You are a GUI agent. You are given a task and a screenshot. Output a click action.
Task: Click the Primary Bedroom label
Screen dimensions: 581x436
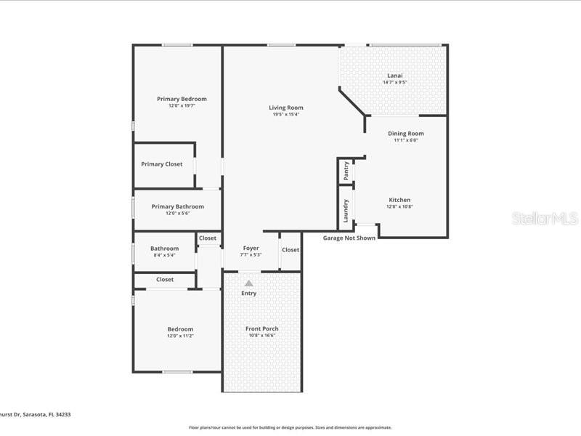[x=182, y=99]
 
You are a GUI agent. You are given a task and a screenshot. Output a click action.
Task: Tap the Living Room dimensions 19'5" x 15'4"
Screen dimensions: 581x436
[x=286, y=114]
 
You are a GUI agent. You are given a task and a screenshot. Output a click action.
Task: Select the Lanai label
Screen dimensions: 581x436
[x=394, y=76]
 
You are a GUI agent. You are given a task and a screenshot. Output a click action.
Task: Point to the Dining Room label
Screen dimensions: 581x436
[x=405, y=134]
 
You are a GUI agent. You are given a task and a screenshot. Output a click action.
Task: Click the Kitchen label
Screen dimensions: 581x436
[x=399, y=200]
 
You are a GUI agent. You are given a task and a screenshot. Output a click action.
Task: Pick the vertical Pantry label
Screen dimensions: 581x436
[x=346, y=171]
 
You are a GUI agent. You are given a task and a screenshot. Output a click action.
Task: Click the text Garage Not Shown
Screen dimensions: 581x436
[x=349, y=238]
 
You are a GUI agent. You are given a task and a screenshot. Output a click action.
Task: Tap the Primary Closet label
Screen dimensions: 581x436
[x=162, y=164]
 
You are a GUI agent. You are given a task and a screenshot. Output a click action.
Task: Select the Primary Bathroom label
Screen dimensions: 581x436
[x=177, y=206]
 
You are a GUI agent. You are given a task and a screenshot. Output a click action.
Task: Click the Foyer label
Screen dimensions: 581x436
[x=251, y=249]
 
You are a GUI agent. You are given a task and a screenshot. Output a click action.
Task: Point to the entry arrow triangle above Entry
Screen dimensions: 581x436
[x=248, y=283]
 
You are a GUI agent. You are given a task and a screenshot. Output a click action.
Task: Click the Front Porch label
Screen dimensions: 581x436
[x=261, y=328]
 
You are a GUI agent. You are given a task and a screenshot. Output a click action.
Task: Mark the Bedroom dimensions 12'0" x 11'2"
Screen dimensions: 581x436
[x=180, y=336]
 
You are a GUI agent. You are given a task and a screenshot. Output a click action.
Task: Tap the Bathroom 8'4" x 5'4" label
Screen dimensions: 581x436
[x=164, y=251]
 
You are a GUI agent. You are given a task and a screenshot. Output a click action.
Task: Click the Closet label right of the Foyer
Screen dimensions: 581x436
[x=290, y=250]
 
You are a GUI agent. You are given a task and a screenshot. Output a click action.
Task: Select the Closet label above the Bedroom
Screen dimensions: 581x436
[x=165, y=279]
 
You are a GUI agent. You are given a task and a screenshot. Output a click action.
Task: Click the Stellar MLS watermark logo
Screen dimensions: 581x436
[x=544, y=218]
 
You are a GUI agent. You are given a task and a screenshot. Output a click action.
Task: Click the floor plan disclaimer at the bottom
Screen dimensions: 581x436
[x=290, y=427]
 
